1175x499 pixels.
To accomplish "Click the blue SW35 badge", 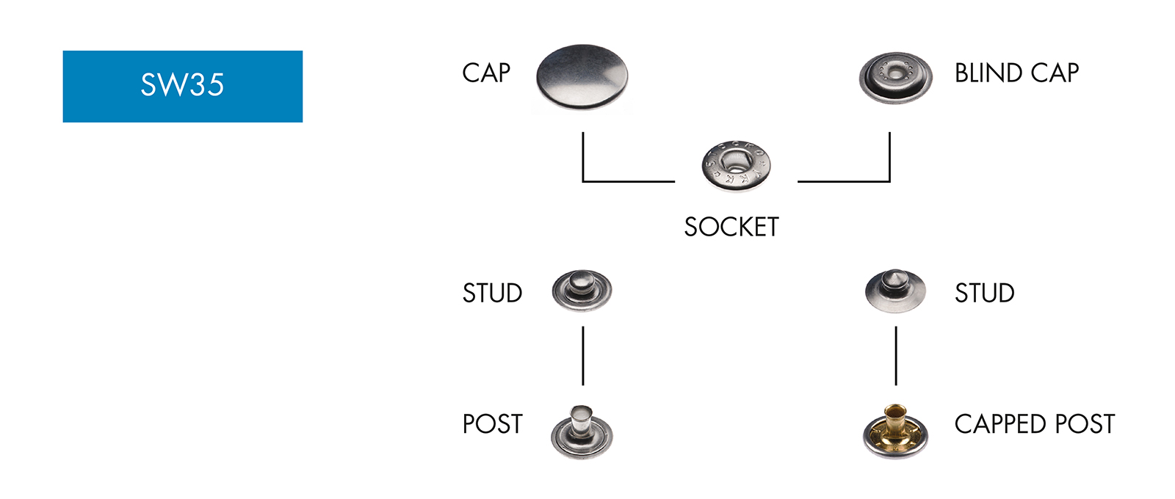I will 182,86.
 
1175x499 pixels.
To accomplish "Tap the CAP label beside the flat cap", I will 485,73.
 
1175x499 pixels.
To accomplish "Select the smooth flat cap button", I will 582,77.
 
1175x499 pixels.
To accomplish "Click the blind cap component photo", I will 895,77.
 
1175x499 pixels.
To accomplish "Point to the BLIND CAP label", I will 1016,73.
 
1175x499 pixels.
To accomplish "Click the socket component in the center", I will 735,165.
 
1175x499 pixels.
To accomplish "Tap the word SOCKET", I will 731,227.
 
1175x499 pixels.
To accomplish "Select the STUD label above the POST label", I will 492,294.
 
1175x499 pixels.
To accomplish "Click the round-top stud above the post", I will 582,290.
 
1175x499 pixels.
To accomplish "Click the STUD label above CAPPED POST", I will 984,294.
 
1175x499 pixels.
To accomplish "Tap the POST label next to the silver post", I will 492,424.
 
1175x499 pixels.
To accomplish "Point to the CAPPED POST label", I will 1034,424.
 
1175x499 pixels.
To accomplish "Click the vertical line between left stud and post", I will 583,356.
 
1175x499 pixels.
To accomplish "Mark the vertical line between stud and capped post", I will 896,356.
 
